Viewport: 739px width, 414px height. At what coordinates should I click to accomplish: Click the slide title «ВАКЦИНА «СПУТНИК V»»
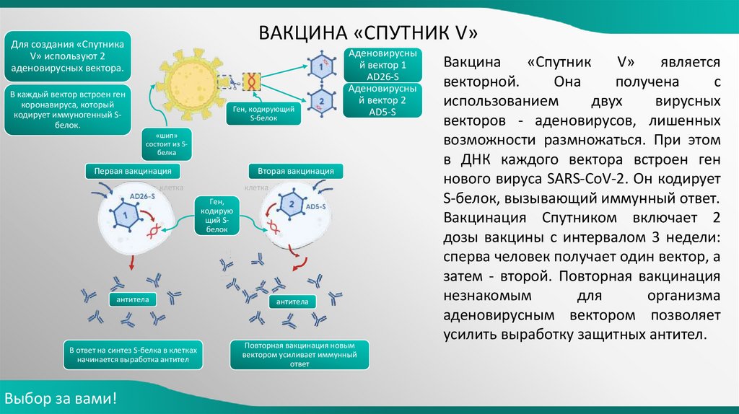click(x=369, y=33)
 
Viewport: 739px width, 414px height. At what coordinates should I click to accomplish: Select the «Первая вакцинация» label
click(x=133, y=172)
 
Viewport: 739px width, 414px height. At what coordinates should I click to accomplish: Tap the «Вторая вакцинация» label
click(x=296, y=172)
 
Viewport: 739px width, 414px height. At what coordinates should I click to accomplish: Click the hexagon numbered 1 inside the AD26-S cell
click(x=124, y=214)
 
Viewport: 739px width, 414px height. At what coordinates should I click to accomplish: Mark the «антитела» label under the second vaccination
click(x=293, y=302)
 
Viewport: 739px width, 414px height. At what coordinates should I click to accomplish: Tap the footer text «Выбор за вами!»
click(x=60, y=399)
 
